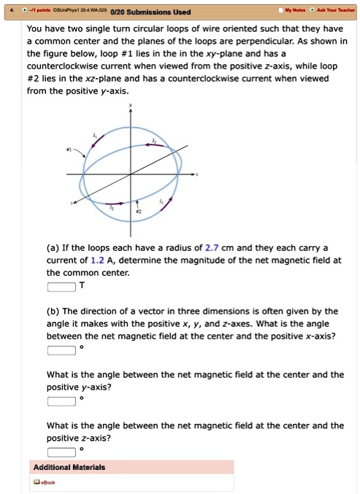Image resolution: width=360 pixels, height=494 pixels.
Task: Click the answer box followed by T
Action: pos(61,286)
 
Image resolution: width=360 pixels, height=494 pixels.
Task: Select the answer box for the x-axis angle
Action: pos(61,350)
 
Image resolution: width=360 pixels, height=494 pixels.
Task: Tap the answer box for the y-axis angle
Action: pos(61,401)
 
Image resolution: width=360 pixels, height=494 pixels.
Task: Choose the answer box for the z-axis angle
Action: pos(61,452)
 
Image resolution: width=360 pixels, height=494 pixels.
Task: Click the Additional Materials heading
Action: pos(69,467)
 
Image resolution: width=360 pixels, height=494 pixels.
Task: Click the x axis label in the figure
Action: pos(197,175)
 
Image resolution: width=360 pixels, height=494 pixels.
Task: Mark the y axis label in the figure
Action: pos(131,107)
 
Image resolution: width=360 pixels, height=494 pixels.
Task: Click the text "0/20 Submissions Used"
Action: pos(150,11)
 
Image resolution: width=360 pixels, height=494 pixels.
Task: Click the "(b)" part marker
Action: pos(55,310)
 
